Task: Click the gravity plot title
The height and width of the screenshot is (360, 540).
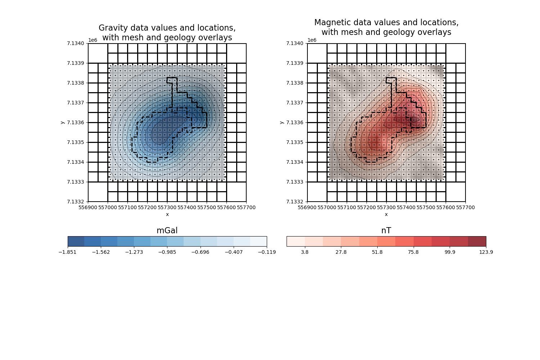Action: pos(167,33)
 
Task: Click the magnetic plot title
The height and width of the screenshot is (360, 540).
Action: pos(386,27)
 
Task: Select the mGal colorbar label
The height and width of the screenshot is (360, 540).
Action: pos(167,231)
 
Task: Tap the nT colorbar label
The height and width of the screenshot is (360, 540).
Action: pos(386,231)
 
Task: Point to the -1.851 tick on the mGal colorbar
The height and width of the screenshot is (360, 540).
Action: pos(68,252)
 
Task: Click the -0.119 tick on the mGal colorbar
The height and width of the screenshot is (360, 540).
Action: pos(267,252)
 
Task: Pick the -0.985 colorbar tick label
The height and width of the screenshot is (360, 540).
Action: pos(167,252)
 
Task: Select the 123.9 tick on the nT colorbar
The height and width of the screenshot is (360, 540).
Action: pos(486,252)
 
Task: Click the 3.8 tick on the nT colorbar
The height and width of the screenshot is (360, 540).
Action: pos(305,252)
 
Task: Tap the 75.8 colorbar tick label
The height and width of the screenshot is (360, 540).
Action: pos(413,252)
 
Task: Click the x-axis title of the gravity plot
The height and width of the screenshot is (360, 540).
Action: pos(167,214)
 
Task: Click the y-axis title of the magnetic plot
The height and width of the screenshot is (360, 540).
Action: pos(282,122)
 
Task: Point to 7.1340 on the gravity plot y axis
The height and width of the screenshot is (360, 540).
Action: pos(76,43)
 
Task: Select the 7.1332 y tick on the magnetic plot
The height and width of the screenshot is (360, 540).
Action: pos(295,202)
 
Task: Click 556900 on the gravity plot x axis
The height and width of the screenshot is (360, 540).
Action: pos(88,207)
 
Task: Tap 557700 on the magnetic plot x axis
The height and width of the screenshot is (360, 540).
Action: pos(465,207)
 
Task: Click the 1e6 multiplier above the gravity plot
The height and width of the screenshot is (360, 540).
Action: pos(93,40)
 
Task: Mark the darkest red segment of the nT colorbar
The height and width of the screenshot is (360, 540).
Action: pos(477,241)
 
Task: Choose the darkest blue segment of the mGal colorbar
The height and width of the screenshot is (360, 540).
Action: pos(76,241)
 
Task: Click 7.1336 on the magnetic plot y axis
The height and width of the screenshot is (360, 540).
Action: pos(295,122)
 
